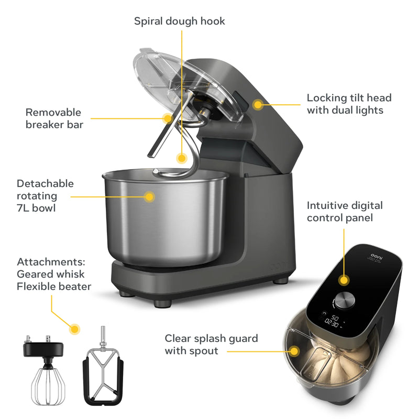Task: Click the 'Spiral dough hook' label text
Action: [x=180, y=21]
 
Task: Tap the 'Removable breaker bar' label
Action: [x=54, y=118]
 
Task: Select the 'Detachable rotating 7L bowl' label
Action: [x=45, y=196]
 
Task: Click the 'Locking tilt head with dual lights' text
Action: [x=349, y=104]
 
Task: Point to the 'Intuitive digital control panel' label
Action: [x=344, y=212]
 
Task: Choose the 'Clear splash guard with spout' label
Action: [x=211, y=345]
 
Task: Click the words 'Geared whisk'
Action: [x=50, y=274]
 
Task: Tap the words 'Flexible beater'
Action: [x=54, y=286]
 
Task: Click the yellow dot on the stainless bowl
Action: [x=149, y=197]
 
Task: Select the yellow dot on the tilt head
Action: [x=257, y=104]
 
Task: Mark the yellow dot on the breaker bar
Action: [x=167, y=118]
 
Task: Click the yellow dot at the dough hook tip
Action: [x=181, y=157]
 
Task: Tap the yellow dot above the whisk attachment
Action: [x=75, y=329]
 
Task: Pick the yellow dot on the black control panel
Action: [x=344, y=279]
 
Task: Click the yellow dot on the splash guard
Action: [x=294, y=350]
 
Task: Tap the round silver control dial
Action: [x=344, y=300]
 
